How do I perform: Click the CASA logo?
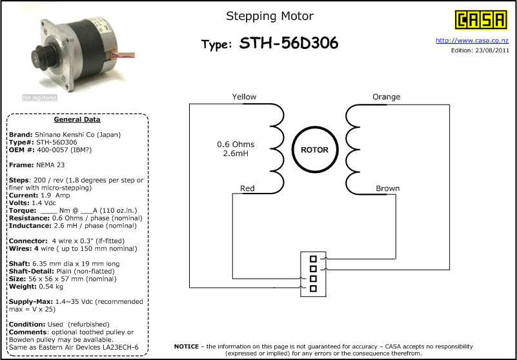pyautogui.click(x=481, y=19)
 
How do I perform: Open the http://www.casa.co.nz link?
pyautogui.click(x=472, y=41)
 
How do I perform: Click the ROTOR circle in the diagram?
pyautogui.click(x=315, y=150)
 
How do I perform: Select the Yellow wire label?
pyautogui.click(x=244, y=97)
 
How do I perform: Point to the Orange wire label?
pyautogui.click(x=387, y=97)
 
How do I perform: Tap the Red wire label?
pyautogui.click(x=247, y=188)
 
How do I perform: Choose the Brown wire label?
pyautogui.click(x=388, y=188)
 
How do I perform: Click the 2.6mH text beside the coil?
pyautogui.click(x=236, y=154)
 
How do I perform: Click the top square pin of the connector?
pyautogui.click(x=313, y=259)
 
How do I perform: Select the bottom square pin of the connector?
pyautogui.click(x=313, y=288)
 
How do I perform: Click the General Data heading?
pyautogui.click(x=77, y=119)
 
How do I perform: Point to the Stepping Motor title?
pyautogui.click(x=270, y=16)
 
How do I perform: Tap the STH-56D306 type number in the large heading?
pyautogui.click(x=289, y=43)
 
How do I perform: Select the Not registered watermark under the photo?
pyautogui.click(x=39, y=97)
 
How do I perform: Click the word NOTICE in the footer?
pyautogui.click(x=187, y=346)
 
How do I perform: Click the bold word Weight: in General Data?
pyautogui.click(x=23, y=286)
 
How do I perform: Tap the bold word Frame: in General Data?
pyautogui.click(x=21, y=165)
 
